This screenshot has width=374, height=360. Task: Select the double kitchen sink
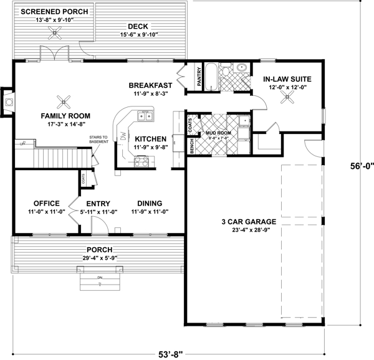pyautogui.click(x=145, y=115)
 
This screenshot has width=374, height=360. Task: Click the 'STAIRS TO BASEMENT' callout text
pyautogui.click(x=99, y=139)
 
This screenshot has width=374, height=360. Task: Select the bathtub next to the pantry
pyautogui.click(x=212, y=75)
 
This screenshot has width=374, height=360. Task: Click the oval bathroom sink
pyautogui.click(x=241, y=68)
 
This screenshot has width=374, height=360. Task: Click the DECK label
pyautogui.click(x=137, y=26)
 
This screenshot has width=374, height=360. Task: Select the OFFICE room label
pyautogui.click(x=42, y=203)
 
